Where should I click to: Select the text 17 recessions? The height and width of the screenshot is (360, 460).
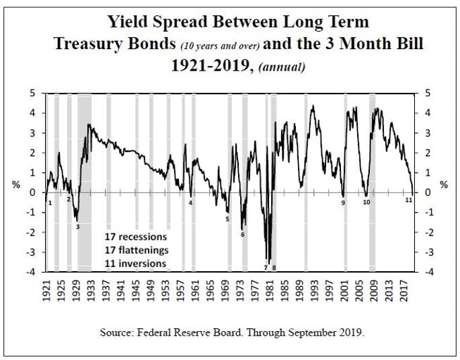coord(135,238)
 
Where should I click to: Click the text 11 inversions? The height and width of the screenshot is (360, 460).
coord(135,263)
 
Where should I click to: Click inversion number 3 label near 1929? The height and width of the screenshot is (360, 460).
coord(77,227)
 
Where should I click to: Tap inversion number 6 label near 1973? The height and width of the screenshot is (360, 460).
coord(242,234)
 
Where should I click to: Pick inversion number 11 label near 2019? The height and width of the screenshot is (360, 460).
coord(408,201)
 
